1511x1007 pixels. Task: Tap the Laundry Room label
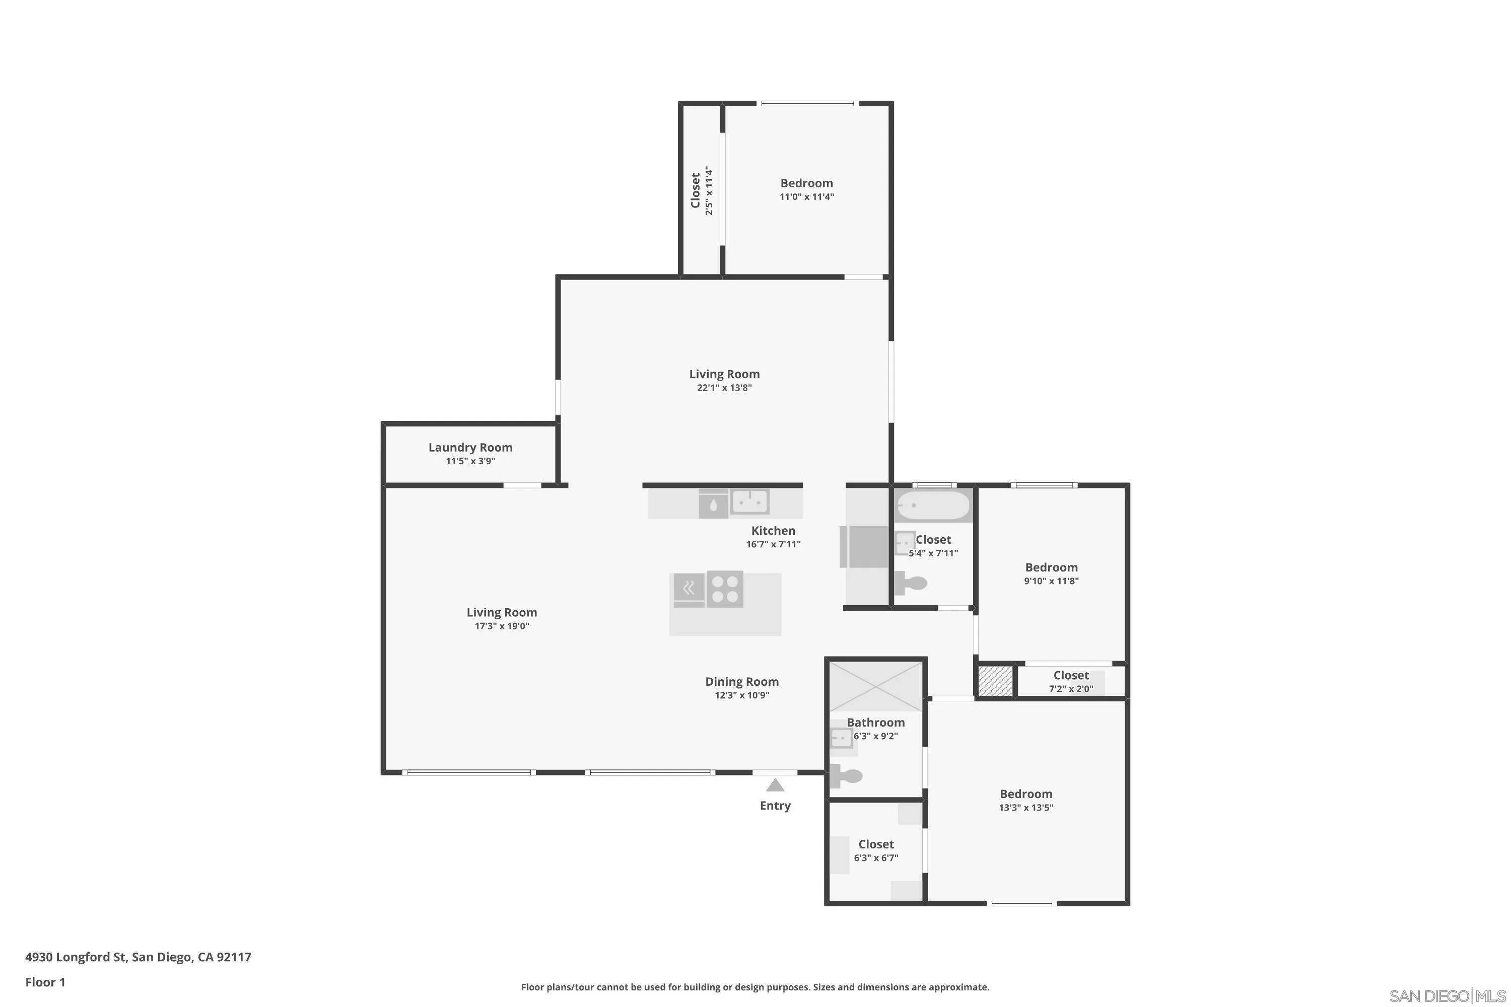tap(470, 448)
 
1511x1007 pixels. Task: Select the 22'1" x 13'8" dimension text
tap(724, 388)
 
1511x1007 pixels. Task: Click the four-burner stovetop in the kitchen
tap(725, 589)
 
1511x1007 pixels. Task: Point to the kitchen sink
tap(750, 501)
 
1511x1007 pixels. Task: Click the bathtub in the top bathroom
tap(933, 506)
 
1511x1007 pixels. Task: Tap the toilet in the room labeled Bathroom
tap(846, 776)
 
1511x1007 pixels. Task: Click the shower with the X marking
tap(876, 687)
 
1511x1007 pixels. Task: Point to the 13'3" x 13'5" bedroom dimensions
tap(1025, 808)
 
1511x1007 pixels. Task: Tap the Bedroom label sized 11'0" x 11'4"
tap(806, 184)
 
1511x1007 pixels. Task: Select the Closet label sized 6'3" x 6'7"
tap(876, 844)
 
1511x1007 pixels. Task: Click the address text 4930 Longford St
tap(138, 957)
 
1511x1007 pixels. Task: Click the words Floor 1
tap(45, 982)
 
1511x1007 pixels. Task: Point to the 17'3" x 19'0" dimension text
tap(501, 626)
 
